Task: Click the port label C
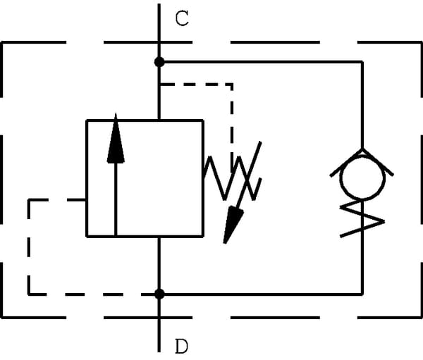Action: click(182, 19)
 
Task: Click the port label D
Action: click(182, 346)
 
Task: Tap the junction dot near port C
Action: click(160, 62)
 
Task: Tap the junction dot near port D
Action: click(160, 293)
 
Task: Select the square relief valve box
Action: click(145, 178)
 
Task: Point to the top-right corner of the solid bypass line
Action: click(362, 62)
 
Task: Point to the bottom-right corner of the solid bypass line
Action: click(362, 293)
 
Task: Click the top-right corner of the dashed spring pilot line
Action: click(232, 84)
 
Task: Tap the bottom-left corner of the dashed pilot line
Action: click(29, 293)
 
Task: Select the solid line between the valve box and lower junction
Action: click(160, 264)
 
